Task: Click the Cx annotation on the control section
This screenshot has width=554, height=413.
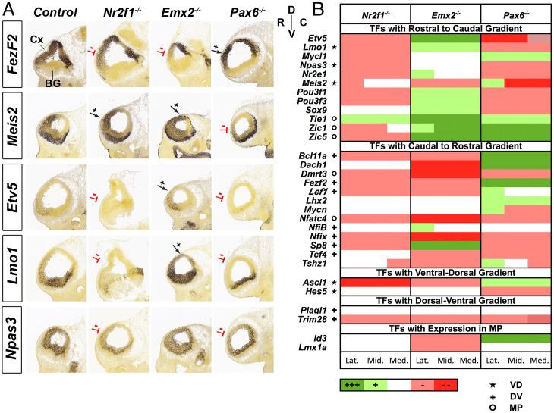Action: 36,37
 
